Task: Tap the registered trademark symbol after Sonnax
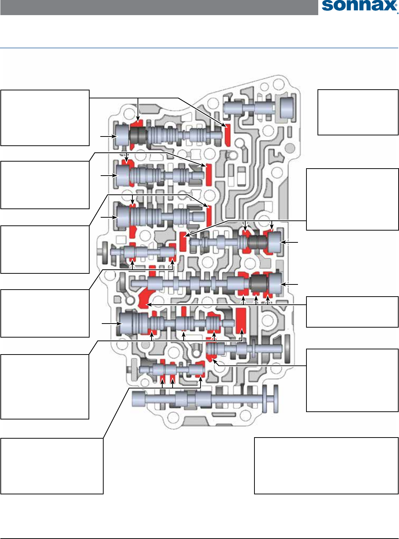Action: pyautogui.click(x=397, y=12)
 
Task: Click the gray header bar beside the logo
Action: pyautogui.click(x=159, y=7)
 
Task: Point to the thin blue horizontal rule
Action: pyautogui.click(x=199, y=48)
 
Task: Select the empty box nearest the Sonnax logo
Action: pyautogui.click(x=358, y=112)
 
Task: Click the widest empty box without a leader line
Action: pyautogui.click(x=326, y=466)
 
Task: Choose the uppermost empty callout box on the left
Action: pyautogui.click(x=45, y=118)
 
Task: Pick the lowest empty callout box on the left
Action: pyautogui.click(x=52, y=466)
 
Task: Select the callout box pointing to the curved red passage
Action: pyautogui.click(x=352, y=312)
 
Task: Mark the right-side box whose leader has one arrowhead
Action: pyautogui.click(x=352, y=380)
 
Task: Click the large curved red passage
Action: pyautogui.click(x=145, y=298)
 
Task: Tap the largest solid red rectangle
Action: pyautogui.click(x=241, y=320)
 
